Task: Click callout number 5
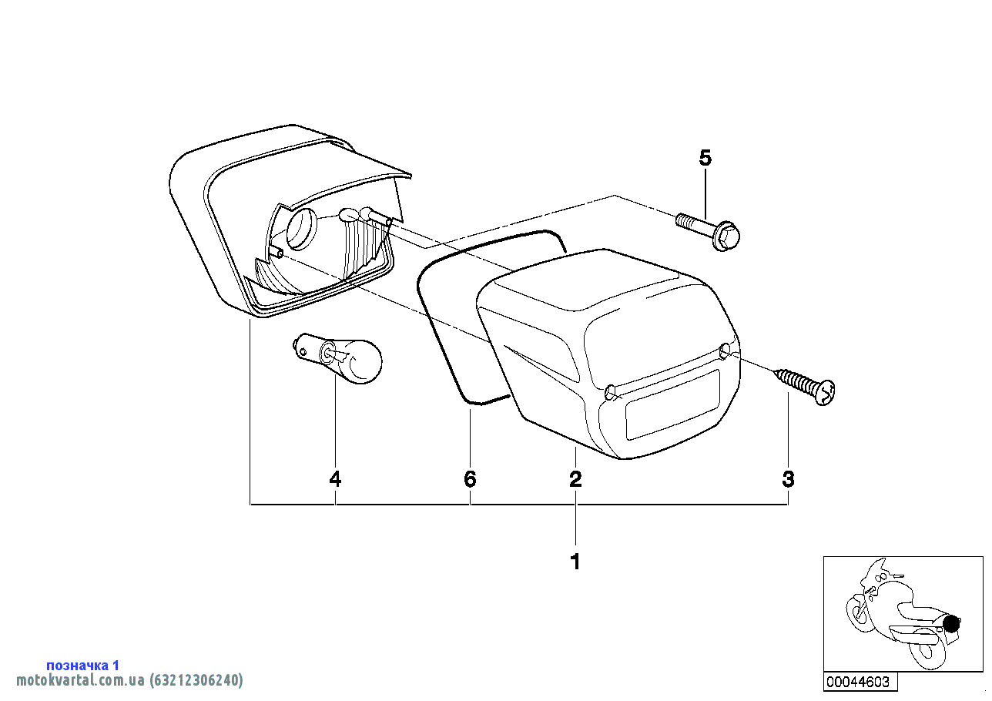705,158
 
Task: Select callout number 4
335,478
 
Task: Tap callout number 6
470,478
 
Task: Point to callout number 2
575,478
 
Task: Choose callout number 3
789,478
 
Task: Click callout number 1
575,562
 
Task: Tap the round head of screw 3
825,393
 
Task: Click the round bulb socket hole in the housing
302,229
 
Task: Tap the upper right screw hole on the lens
725,351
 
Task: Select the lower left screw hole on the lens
610,392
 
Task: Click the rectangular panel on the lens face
672,405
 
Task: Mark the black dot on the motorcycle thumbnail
951,624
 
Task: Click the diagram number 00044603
858,682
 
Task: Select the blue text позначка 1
83,665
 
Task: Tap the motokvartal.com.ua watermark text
129,679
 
